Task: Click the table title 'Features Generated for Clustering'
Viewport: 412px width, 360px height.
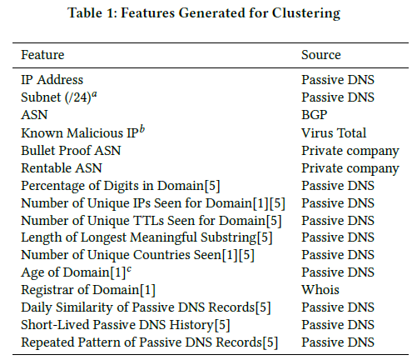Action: click(231, 13)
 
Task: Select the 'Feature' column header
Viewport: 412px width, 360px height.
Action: click(42, 55)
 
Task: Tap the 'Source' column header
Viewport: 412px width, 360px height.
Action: click(321, 55)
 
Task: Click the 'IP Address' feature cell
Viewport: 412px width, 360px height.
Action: click(52, 80)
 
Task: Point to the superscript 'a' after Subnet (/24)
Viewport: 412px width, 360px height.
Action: click(94, 94)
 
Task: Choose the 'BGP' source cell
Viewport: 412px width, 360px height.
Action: click(315, 115)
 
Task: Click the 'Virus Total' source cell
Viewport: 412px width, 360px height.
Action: click(334, 132)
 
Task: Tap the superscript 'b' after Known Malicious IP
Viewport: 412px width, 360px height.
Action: click(142, 129)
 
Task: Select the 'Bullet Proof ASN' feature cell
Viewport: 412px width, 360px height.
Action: click(71, 151)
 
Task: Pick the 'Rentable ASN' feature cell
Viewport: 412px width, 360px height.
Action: click(62, 168)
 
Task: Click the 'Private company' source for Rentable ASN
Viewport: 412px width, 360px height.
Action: click(350, 168)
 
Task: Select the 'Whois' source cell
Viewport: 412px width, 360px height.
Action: click(320, 290)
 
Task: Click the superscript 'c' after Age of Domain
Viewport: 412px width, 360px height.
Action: click(129, 269)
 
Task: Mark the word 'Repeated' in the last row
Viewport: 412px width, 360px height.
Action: click(48, 342)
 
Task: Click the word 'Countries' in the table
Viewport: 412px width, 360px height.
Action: click(161, 255)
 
